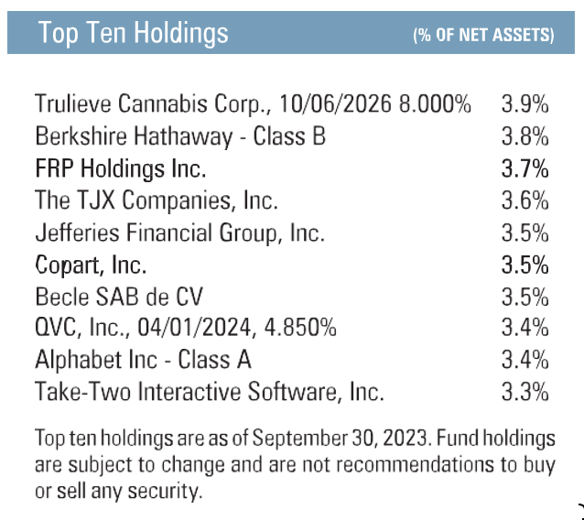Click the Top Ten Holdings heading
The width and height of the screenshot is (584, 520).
[x=134, y=34]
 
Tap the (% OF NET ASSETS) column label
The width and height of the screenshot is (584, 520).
[x=483, y=36]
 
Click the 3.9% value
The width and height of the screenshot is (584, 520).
[x=525, y=104]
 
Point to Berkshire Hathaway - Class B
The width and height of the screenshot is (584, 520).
[x=179, y=136]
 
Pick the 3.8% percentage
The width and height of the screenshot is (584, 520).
[x=525, y=136]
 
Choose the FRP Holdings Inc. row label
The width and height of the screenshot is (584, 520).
[x=121, y=168]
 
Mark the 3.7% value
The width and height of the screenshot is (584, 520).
[x=525, y=168]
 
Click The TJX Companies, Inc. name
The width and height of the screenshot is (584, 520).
[x=156, y=200]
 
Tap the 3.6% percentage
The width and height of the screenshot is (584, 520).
[x=525, y=200]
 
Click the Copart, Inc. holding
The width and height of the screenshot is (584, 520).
[x=91, y=265]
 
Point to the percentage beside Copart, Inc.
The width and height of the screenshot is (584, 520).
[x=525, y=265]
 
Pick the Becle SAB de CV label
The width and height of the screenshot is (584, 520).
[x=119, y=298]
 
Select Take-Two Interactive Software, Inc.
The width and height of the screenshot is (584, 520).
[x=209, y=393]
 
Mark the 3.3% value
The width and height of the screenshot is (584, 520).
[x=525, y=393]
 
